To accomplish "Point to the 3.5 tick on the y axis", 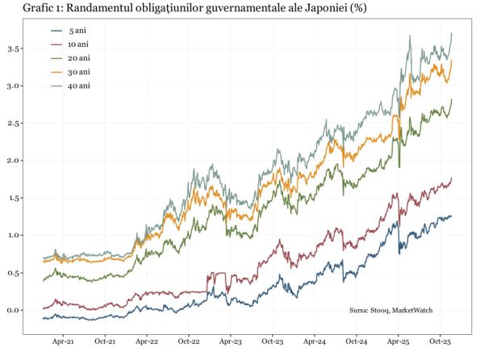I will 13,48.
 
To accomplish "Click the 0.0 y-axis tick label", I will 13,310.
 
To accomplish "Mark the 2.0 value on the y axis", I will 13,161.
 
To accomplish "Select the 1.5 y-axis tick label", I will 13,198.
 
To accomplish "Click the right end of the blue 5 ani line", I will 452,216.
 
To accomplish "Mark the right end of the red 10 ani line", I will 452,178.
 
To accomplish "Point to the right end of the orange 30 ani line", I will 452,61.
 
